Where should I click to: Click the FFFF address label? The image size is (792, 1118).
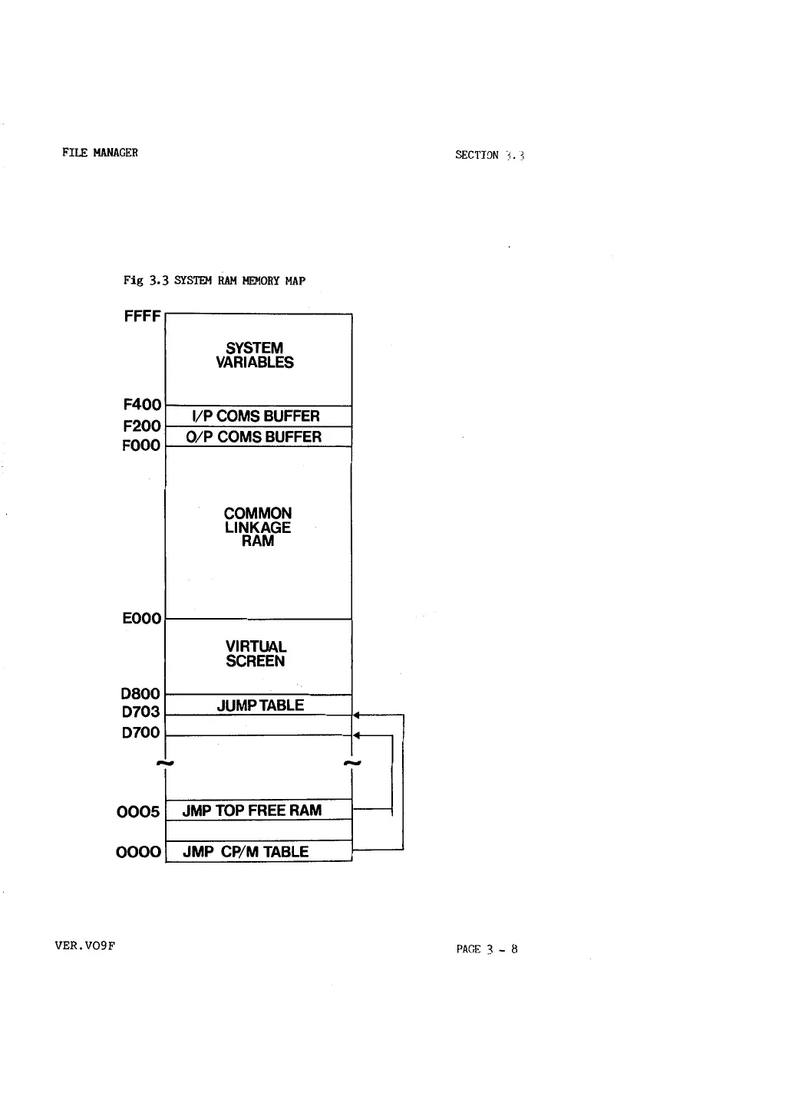click(142, 316)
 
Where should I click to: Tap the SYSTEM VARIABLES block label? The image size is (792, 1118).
click(255, 355)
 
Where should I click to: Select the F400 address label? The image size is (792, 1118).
click(142, 404)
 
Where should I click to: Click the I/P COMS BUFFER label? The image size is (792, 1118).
click(256, 416)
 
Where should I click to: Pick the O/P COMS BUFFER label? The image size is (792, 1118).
click(258, 437)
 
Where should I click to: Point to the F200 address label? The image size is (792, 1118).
click(142, 426)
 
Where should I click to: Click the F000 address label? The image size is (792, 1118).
click(141, 446)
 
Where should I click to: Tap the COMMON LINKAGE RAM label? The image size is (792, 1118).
click(258, 527)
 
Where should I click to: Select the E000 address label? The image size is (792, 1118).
click(142, 618)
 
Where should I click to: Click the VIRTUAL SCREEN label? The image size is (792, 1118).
click(256, 654)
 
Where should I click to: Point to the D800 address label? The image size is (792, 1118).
click(141, 694)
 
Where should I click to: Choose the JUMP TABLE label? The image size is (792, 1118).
click(260, 705)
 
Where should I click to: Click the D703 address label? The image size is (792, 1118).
click(141, 712)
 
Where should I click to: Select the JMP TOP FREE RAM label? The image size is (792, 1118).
click(252, 811)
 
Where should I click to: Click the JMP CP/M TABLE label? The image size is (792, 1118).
click(246, 852)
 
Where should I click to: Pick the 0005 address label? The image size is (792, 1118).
click(139, 811)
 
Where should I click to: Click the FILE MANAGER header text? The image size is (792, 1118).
click(100, 153)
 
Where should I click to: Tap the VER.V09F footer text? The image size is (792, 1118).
click(85, 945)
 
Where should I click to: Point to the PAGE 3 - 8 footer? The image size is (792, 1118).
click(487, 949)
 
